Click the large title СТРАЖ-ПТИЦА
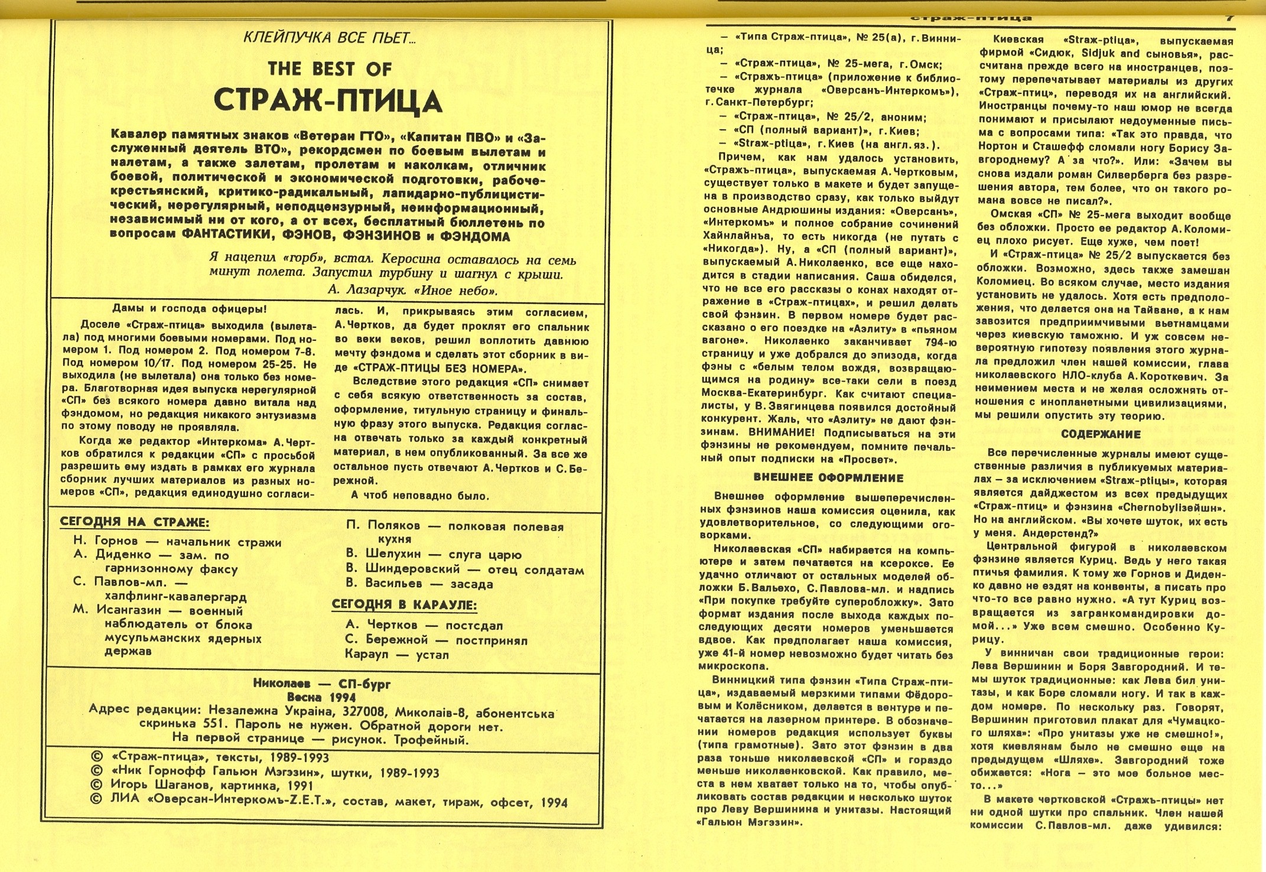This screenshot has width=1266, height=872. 328,101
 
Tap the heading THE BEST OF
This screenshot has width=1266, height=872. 329,69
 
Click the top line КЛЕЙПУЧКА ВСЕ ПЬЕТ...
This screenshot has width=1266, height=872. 330,39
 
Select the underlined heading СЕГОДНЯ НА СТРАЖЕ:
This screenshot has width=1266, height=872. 135,522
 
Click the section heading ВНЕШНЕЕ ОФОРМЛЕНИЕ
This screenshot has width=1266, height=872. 828,477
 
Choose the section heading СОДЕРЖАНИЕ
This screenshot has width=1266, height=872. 1101,434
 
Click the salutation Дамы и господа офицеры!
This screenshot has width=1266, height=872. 189,308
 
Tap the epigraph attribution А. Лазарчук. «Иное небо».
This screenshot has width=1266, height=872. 412,291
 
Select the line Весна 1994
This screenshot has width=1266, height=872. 321,697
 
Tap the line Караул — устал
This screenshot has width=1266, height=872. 397,655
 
